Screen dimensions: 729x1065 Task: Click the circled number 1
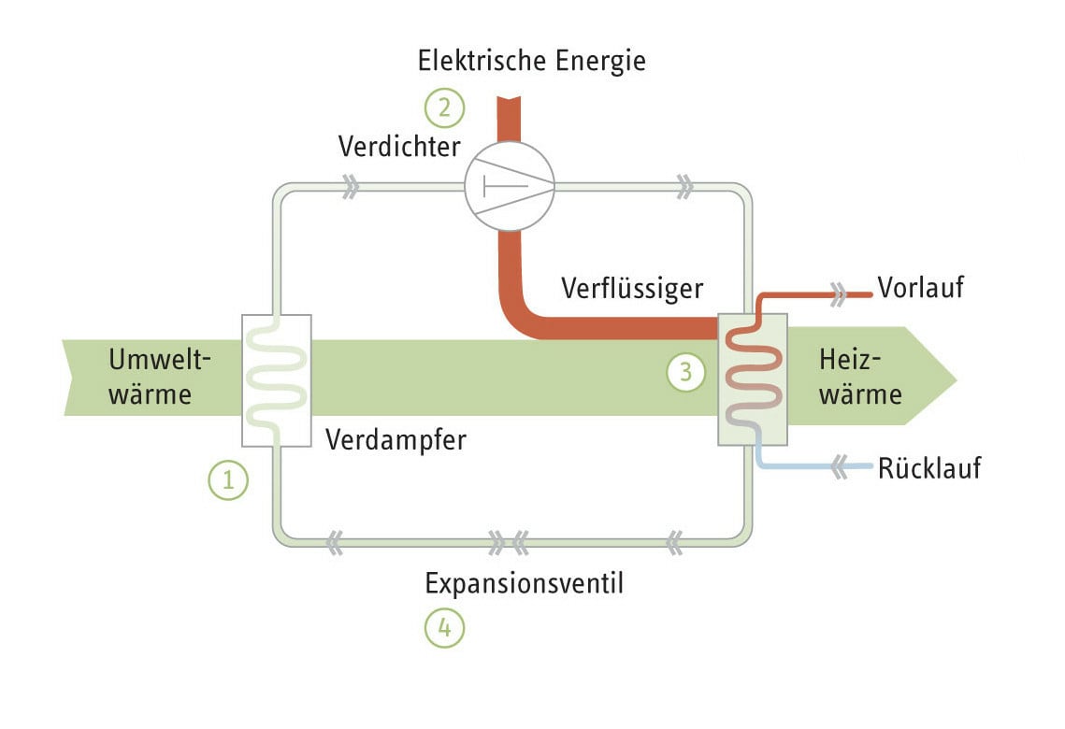coord(228,481)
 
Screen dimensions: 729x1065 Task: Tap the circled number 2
coord(444,107)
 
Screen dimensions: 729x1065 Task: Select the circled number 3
coord(685,372)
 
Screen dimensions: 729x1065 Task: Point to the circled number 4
coord(444,628)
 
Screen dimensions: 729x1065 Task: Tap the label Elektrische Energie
coord(532,62)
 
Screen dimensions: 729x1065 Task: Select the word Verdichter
coord(399,147)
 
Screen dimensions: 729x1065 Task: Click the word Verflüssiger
coord(631,289)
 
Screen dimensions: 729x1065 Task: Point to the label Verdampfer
coord(396,439)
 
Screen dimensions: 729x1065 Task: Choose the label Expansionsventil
coord(524,584)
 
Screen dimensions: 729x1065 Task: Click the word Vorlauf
coord(920,288)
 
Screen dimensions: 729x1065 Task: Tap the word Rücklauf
coord(929,467)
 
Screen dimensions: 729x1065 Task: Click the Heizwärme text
coord(859,377)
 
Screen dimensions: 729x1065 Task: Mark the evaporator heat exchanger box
coord(276,380)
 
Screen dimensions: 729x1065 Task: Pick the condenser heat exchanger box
coord(752,380)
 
